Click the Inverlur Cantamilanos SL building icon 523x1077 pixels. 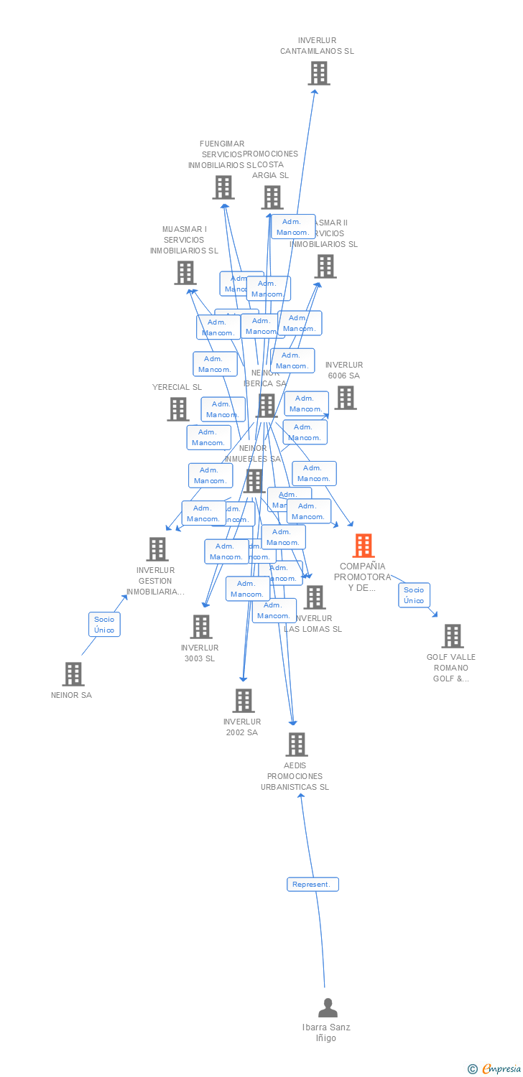318,73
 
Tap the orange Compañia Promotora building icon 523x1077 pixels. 364,546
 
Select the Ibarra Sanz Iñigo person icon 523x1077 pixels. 328,1007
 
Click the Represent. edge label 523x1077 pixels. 313,884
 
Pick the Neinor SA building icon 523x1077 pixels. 73,674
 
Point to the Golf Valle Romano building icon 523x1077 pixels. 452,636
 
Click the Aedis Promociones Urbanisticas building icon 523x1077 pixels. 297,745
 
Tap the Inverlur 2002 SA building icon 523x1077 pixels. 244,701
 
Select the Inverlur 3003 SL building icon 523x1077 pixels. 200,627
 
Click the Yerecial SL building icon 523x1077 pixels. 177,409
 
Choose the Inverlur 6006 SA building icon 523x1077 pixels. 345,398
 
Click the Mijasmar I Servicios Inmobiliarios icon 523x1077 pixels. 185,273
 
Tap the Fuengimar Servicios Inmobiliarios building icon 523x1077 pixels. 223,187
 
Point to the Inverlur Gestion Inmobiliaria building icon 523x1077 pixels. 157,549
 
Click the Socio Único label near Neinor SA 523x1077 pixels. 104,624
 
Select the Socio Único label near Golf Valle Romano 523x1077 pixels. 414,595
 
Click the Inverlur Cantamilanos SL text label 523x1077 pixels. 317,46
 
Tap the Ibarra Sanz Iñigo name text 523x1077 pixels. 326,1032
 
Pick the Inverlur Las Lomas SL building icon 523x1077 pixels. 314,597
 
